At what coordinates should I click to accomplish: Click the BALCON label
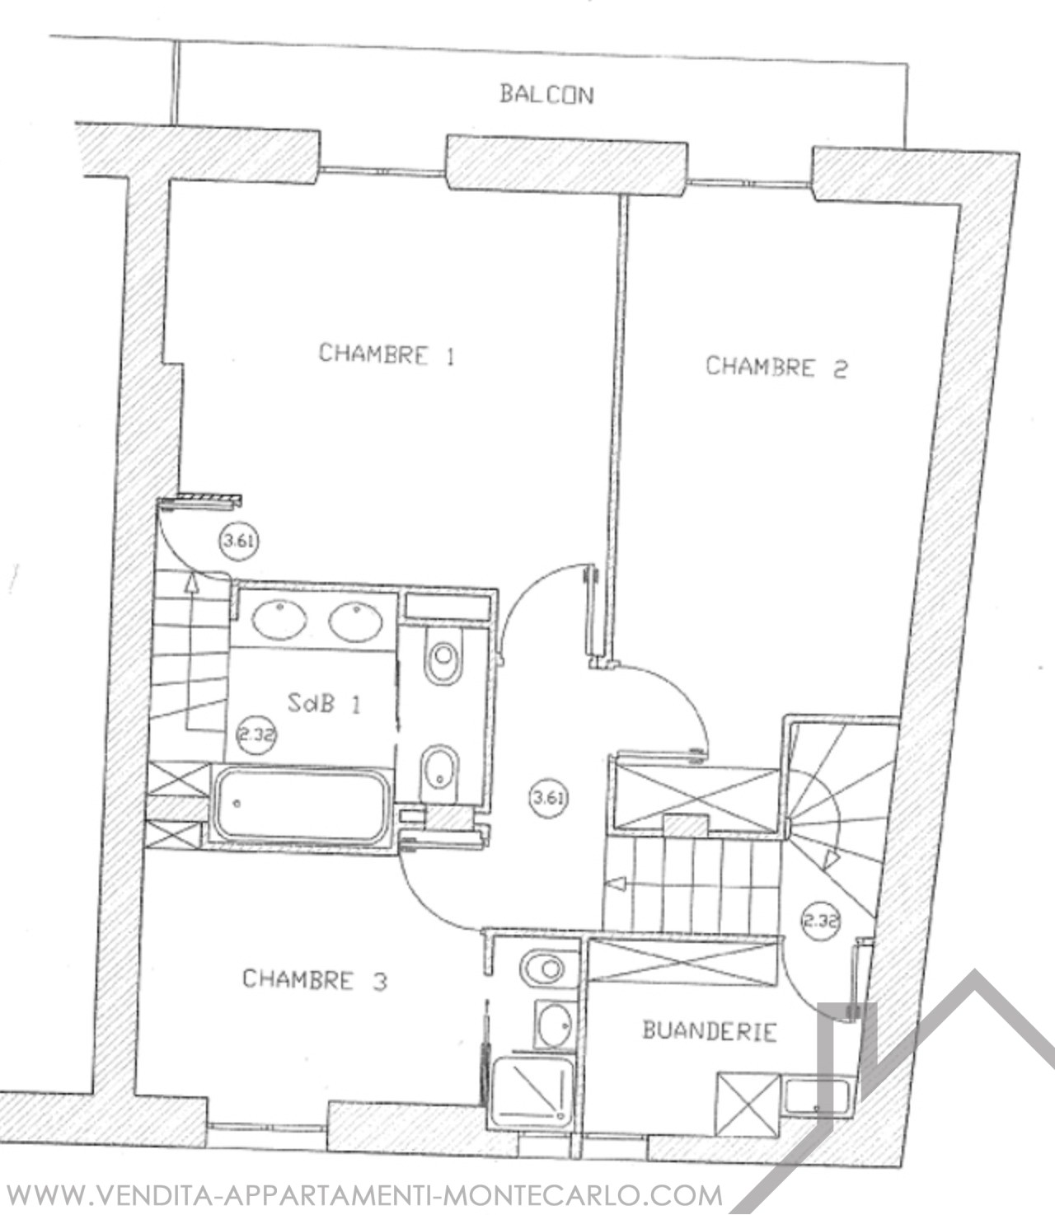tap(546, 95)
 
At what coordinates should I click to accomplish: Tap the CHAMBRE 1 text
tap(387, 354)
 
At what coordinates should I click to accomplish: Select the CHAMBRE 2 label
tap(776, 367)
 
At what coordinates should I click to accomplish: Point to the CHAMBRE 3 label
tap(315, 978)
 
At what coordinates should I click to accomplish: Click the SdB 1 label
tap(324, 704)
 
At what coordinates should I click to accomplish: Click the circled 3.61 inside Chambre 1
tap(239, 542)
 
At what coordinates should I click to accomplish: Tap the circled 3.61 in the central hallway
tap(548, 798)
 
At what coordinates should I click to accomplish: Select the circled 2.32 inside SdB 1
tap(256, 735)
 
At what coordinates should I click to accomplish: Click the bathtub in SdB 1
tap(301, 805)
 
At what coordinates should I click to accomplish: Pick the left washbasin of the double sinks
tap(279, 620)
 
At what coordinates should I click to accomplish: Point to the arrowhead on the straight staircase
tap(617, 884)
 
